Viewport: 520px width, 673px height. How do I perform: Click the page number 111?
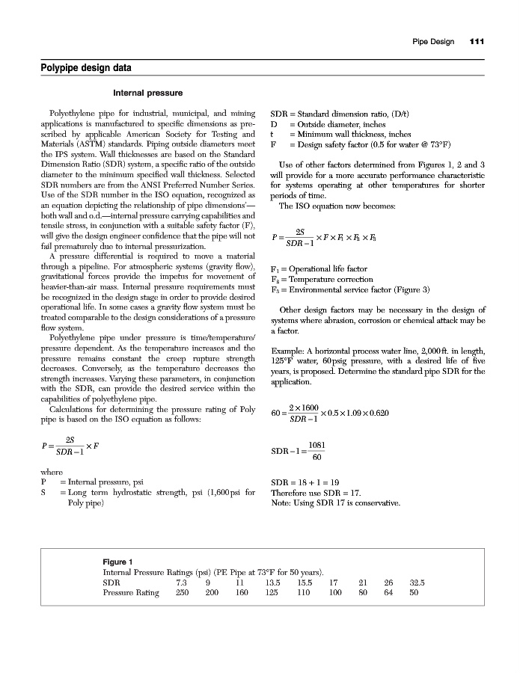tap(477, 41)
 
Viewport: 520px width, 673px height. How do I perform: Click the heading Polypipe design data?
tap(85, 69)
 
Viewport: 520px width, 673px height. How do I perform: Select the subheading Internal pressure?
tap(147, 93)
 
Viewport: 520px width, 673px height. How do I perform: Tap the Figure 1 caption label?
tap(117, 562)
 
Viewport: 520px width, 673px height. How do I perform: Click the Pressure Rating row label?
tap(131, 593)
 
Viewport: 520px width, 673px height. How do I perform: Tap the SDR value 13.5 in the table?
tap(272, 582)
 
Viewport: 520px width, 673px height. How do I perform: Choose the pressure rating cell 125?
tap(272, 593)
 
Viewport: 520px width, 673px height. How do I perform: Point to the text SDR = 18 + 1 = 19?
tap(304, 482)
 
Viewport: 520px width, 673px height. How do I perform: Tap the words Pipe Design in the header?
tap(433, 41)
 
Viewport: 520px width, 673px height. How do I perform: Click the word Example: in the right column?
tap(287, 351)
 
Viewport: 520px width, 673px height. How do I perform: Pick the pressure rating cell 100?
tap(334, 593)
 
